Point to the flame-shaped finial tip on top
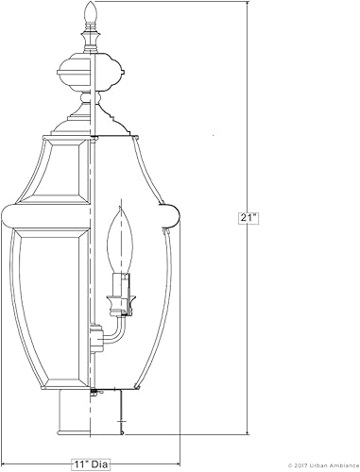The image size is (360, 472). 94,11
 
